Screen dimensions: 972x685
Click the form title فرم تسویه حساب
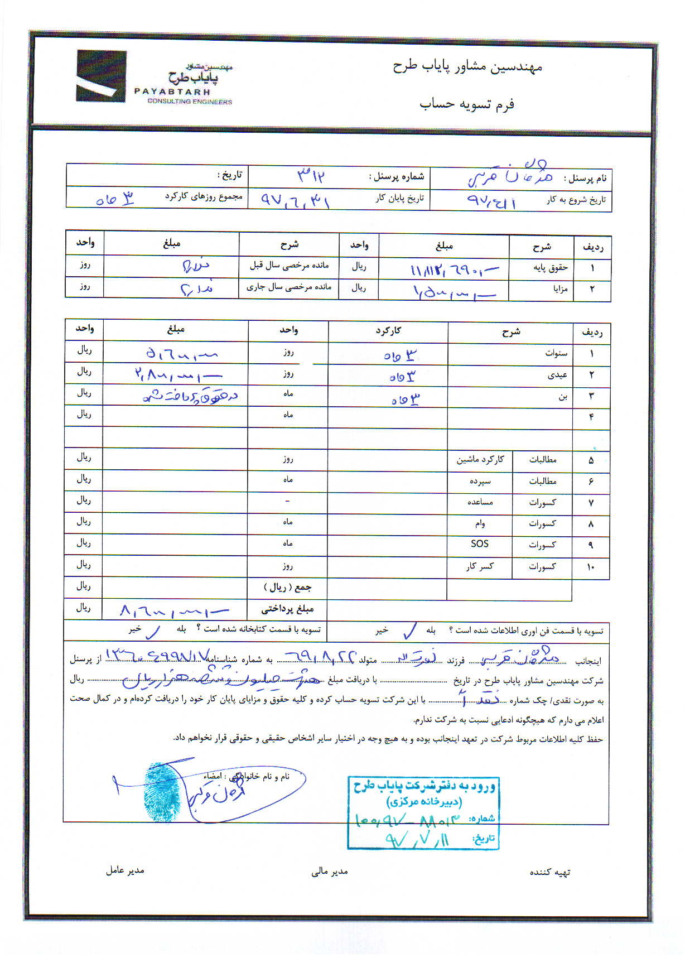click(x=467, y=104)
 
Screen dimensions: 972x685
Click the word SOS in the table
click(x=479, y=544)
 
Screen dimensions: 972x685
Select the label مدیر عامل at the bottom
click(x=125, y=870)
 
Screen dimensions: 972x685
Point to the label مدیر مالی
click(x=329, y=872)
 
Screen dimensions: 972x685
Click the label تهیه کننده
click(x=549, y=872)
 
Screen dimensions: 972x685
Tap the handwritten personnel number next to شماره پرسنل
click(x=311, y=176)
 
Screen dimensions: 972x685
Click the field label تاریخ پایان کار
click(x=399, y=198)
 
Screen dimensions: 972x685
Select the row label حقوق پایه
click(x=550, y=268)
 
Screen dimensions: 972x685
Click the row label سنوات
click(x=556, y=353)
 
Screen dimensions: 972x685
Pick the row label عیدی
click(x=557, y=375)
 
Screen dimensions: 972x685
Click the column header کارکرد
click(x=388, y=331)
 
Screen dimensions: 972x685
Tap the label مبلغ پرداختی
click(x=287, y=609)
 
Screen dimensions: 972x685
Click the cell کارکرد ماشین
click(x=480, y=459)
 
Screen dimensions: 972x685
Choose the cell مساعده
click(x=480, y=502)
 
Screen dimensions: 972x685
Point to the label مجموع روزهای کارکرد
click(x=203, y=196)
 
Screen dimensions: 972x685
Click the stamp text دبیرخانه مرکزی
click(x=424, y=802)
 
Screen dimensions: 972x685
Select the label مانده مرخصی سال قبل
click(x=289, y=265)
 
